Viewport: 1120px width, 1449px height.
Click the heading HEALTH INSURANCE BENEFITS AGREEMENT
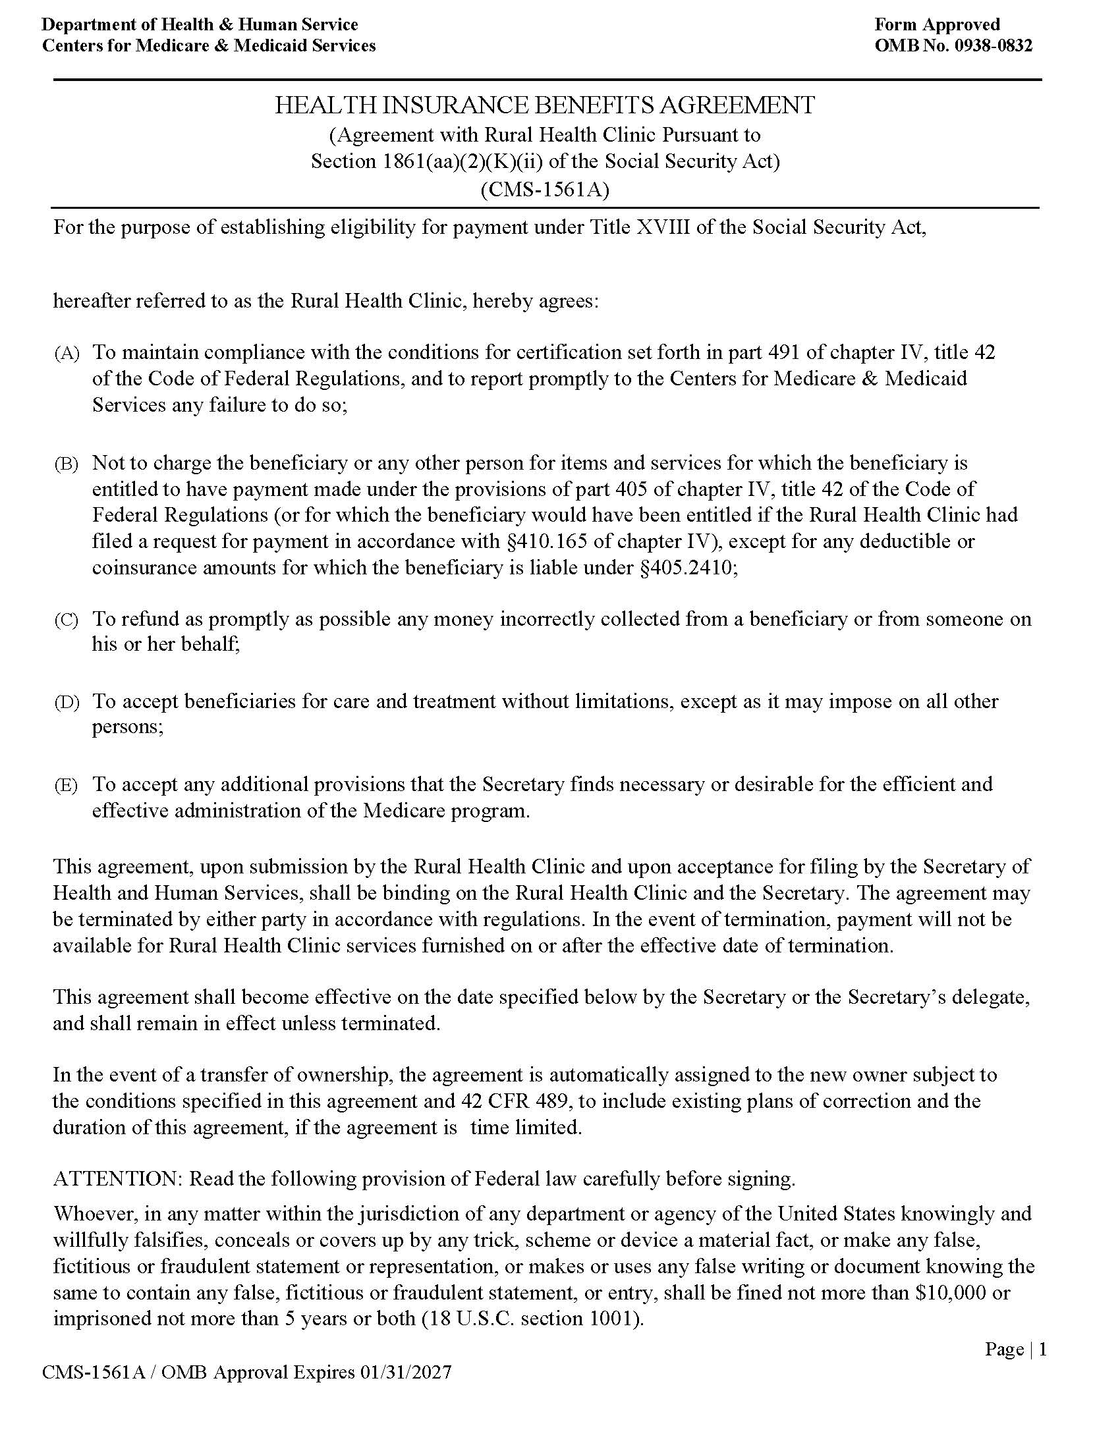tap(545, 105)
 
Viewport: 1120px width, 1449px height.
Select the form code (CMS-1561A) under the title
tap(545, 190)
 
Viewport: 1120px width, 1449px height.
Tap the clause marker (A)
tap(67, 354)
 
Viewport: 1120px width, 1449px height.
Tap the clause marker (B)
tap(67, 464)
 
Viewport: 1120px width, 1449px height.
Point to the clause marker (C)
tap(67, 620)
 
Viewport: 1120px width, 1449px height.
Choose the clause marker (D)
tap(67, 703)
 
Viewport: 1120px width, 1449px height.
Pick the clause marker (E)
tap(67, 786)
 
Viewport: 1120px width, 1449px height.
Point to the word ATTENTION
tap(117, 1179)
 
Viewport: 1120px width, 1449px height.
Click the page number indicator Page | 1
tap(1015, 1349)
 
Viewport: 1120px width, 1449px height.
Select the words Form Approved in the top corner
tap(937, 24)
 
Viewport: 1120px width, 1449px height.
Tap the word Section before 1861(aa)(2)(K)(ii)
tap(343, 162)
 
